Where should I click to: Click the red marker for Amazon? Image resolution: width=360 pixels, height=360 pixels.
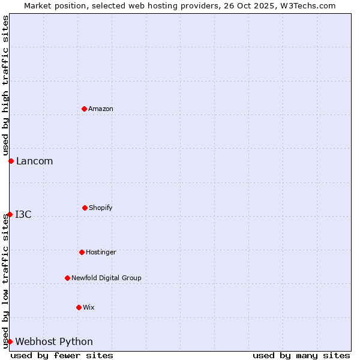[x=84, y=109]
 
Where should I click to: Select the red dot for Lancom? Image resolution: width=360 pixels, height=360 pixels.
[x=11, y=161]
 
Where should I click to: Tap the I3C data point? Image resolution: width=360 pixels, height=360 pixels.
[x=10, y=214]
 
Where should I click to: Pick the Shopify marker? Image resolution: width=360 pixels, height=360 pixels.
[x=85, y=208]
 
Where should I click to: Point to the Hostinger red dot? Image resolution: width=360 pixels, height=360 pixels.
[x=82, y=252]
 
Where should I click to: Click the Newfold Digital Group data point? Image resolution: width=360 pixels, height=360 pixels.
[x=67, y=278]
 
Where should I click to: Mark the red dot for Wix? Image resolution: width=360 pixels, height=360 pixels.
[x=79, y=307]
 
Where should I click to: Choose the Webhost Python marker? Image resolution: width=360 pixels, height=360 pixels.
[x=10, y=341]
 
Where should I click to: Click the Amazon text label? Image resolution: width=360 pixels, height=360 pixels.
[x=101, y=109]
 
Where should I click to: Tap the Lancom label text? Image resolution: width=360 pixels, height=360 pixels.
[x=34, y=161]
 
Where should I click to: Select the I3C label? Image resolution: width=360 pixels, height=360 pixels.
[x=23, y=214]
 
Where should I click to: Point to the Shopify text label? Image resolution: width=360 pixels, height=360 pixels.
[x=101, y=208]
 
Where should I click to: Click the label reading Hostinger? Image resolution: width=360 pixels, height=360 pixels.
[x=101, y=252]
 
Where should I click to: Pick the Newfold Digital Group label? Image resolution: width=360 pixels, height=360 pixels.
[x=106, y=278]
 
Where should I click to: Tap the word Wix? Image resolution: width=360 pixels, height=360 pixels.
[x=89, y=307]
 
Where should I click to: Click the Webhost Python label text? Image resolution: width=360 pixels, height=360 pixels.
[x=54, y=341]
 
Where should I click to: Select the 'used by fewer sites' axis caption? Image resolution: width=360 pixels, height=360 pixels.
[x=62, y=355]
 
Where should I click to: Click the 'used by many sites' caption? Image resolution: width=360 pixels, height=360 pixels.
[x=301, y=355]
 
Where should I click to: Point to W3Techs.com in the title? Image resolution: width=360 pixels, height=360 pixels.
[x=306, y=5]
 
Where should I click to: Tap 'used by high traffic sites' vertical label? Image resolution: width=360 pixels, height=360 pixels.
[x=5, y=85]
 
